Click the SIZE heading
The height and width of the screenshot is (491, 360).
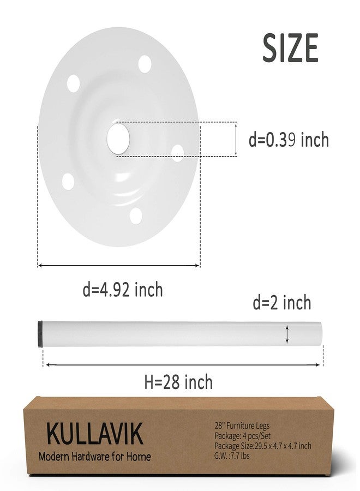290,48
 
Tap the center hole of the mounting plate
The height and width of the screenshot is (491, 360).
118,139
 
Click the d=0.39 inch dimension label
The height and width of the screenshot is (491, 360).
289,140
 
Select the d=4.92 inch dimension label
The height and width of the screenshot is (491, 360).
123,290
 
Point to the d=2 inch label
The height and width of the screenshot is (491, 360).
282,303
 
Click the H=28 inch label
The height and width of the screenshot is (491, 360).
178,382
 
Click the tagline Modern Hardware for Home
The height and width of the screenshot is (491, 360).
95,456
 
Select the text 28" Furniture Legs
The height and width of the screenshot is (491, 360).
242,426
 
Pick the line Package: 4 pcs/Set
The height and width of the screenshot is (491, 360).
242,435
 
